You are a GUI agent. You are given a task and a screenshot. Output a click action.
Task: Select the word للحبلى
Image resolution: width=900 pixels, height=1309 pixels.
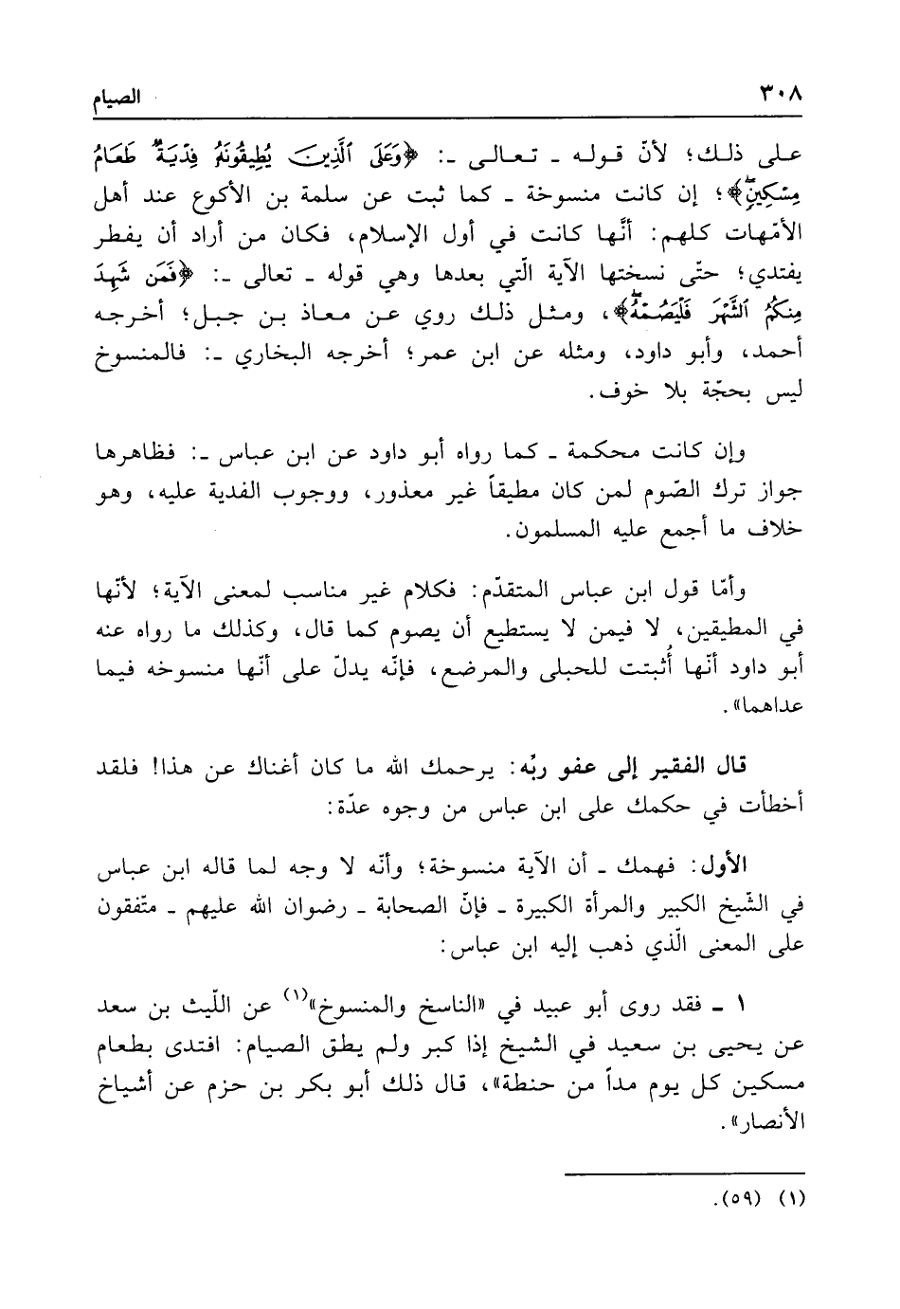(573, 669)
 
